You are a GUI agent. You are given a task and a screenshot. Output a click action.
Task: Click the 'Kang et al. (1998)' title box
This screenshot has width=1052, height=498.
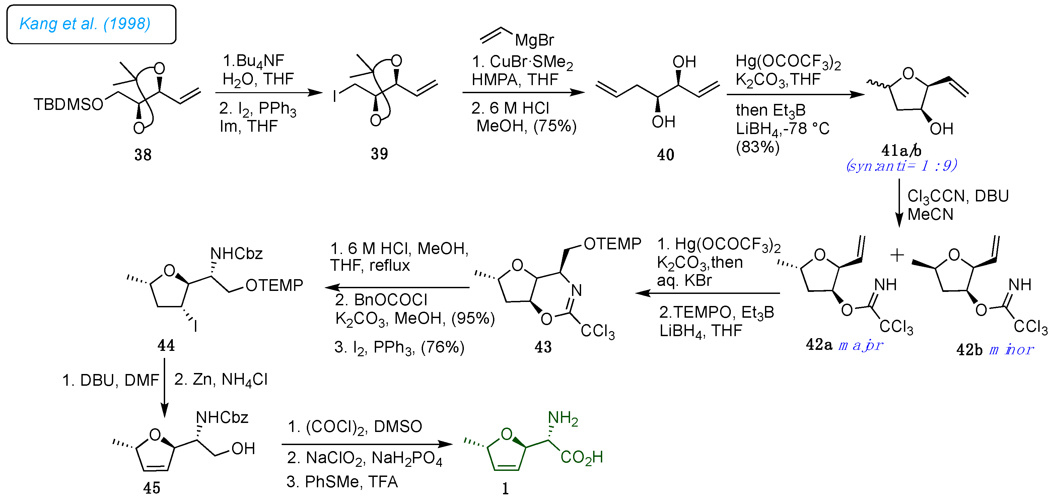pos(91,24)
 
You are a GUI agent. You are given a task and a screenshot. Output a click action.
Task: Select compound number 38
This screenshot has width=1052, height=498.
pos(143,154)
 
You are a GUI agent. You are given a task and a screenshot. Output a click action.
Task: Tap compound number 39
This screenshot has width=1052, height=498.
pos(379,153)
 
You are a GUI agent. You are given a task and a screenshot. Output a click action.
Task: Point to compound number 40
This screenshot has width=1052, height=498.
pos(665,154)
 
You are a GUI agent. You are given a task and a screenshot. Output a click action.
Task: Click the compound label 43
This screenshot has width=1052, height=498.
pos(543,347)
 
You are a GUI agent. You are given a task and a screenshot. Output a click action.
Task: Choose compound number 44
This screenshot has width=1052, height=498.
pos(166,346)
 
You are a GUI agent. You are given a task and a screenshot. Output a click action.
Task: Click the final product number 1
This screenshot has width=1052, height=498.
pos(505,489)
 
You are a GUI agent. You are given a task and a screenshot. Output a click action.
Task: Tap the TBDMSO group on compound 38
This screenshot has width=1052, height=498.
pos(68,105)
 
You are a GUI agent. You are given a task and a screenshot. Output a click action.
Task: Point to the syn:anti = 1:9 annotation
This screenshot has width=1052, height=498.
pos(901,166)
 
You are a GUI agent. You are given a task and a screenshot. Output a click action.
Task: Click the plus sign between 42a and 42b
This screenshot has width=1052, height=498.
pos(897,255)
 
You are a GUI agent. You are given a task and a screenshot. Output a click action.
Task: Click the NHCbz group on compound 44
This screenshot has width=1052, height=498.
pos(236,254)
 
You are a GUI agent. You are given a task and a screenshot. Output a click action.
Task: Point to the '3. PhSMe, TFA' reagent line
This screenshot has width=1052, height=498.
pos(342,482)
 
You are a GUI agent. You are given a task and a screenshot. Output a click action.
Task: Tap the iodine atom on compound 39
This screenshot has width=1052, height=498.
pos(335,97)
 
